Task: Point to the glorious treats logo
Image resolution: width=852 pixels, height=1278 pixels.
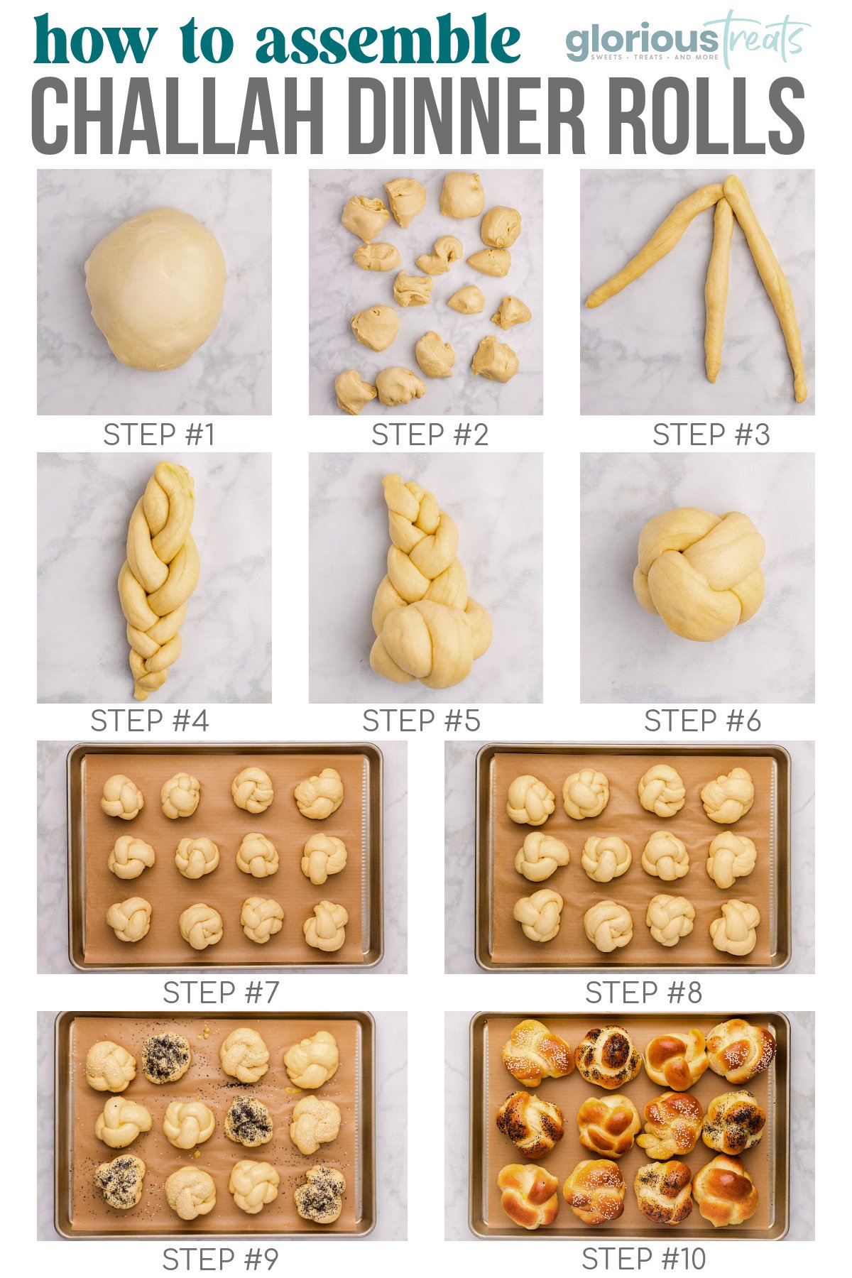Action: (687, 39)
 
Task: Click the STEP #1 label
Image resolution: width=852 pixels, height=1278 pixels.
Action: (158, 435)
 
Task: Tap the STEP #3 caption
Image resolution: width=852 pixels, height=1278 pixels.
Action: (711, 435)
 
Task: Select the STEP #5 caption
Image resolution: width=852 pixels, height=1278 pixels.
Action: (421, 721)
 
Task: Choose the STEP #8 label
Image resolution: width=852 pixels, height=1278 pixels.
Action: (643, 993)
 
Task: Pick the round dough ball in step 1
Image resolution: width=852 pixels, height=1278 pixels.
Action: (155, 289)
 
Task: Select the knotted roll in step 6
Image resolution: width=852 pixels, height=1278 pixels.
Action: (699, 574)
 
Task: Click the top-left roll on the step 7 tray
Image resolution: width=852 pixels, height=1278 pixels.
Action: (122, 796)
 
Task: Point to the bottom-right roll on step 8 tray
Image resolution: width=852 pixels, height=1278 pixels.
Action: (735, 927)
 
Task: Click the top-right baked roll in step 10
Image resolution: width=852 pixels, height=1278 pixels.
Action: (740, 1050)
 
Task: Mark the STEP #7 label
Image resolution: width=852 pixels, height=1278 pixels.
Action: (221, 993)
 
